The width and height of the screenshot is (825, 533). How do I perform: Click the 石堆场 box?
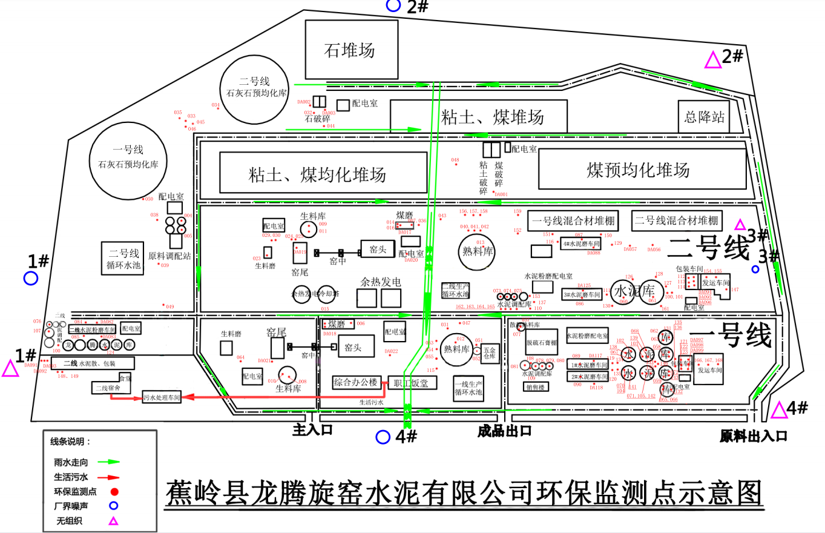pyautogui.click(x=351, y=50)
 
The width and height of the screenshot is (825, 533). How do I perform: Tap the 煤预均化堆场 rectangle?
pyautogui.click(x=642, y=170)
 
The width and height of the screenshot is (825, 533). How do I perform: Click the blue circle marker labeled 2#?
pyautogui.click(x=393, y=5)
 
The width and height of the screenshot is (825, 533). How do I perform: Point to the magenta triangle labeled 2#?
pyautogui.click(x=713, y=60)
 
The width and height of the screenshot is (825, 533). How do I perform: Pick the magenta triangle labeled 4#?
pyautogui.click(x=779, y=411)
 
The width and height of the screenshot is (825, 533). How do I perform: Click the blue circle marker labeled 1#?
pyautogui.click(x=31, y=279)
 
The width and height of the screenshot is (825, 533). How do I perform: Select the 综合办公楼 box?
pyautogui.click(x=355, y=383)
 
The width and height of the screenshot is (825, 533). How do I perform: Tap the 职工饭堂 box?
pyautogui.click(x=412, y=383)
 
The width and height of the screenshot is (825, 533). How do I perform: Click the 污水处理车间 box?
pyautogui.click(x=162, y=398)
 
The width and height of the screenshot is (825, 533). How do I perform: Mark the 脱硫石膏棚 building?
pyautogui.click(x=541, y=342)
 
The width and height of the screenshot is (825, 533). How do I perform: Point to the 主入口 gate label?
pyautogui.click(x=313, y=431)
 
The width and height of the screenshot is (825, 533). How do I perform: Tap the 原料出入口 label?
pyautogui.click(x=753, y=435)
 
